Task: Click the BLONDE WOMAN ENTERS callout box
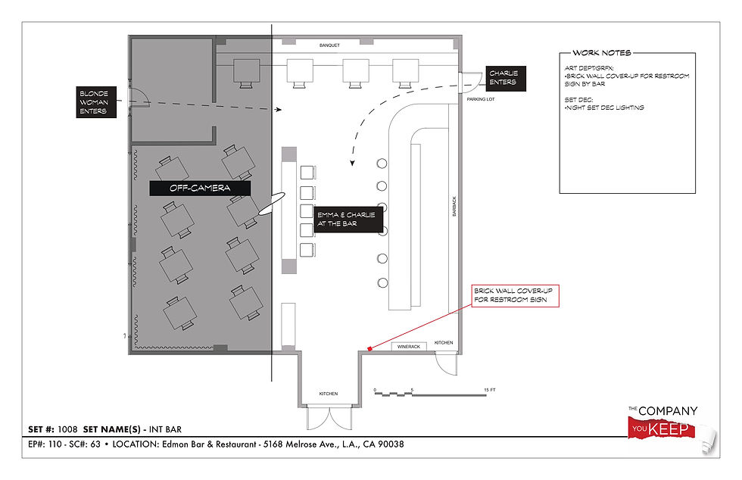pos(96,101)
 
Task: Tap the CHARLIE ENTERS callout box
pos(506,79)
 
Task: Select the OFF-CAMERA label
pos(200,188)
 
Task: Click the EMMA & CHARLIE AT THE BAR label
pos(348,219)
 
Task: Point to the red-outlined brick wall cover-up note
pos(516,296)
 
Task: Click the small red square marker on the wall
pos(370,349)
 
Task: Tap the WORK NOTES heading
pos(601,52)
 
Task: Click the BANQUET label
pos(329,45)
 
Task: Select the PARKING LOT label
pos(480,99)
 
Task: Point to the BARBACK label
pos(454,207)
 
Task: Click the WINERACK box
pos(409,347)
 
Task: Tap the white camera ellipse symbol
pos(272,204)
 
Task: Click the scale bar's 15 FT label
pos(490,390)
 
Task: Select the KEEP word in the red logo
pos(668,429)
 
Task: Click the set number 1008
pos(67,429)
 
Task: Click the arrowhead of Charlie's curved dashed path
pos(352,163)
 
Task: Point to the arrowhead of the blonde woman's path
pos(279,109)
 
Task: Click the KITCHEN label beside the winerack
pos(444,343)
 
